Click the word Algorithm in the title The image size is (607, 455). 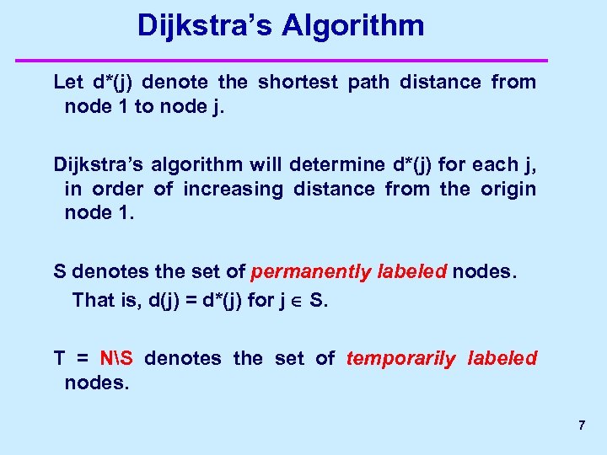tap(353, 26)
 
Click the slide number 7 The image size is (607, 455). tap(582, 426)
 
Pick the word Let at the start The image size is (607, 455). tap(68, 82)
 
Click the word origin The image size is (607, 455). tap(508, 189)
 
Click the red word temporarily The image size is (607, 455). tap(400, 358)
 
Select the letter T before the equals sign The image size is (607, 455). tap(59, 358)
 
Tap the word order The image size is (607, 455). tap(115, 189)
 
